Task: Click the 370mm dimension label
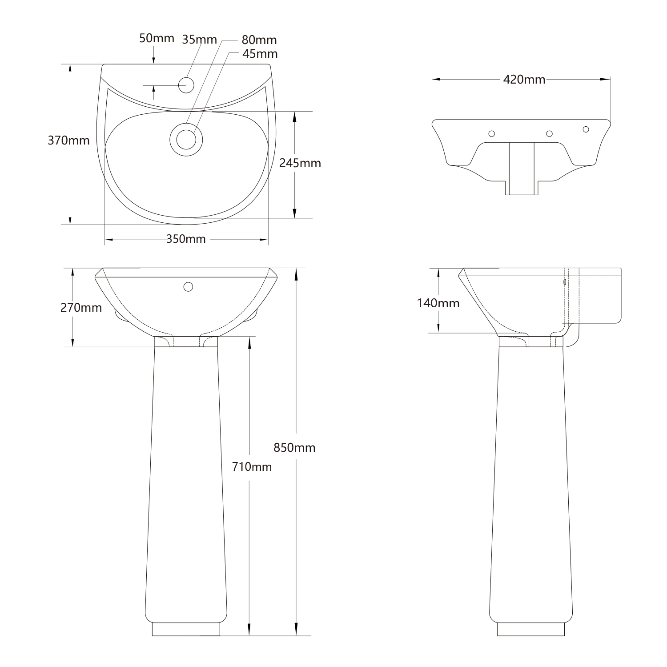tap(68, 141)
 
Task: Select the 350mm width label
tap(186, 239)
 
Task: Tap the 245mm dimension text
tap(300, 163)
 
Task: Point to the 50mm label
tap(157, 38)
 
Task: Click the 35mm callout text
tap(199, 40)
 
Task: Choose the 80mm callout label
tap(259, 40)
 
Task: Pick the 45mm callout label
tap(260, 54)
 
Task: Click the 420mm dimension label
tap(524, 80)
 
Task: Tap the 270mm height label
tap(81, 307)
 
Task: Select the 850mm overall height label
tap(294, 447)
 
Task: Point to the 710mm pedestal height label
tap(252, 467)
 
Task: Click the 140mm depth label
tap(438, 303)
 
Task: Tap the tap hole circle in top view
tap(186, 85)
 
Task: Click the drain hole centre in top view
tap(186, 139)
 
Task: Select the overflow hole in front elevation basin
tap(188, 287)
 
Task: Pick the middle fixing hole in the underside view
tap(549, 133)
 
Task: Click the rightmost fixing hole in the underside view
tap(586, 129)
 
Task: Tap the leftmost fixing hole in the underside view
tap(492, 133)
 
